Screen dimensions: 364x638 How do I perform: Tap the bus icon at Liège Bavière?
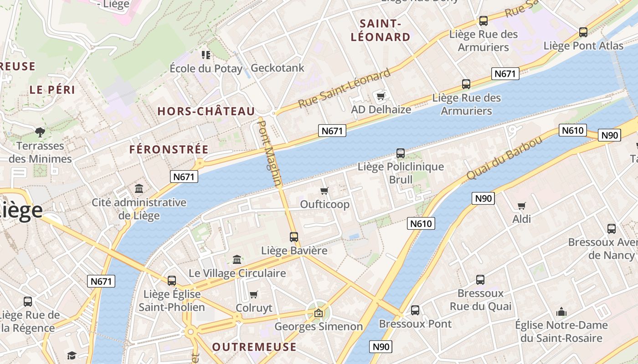(294, 237)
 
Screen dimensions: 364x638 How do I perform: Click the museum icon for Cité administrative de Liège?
(139, 188)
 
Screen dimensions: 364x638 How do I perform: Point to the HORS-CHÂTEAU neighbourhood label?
(206, 111)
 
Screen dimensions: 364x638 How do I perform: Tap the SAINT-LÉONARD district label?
(380, 30)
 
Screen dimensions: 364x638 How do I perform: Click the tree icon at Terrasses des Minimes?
(40, 132)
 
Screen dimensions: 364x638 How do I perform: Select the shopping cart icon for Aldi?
(522, 206)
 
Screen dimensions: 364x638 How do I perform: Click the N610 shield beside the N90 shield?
(572, 131)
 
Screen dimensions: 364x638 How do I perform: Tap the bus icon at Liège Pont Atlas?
(583, 32)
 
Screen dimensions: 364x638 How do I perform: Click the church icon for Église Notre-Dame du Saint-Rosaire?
(561, 312)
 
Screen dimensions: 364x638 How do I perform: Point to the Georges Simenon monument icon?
(319, 313)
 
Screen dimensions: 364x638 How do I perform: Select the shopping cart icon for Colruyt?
(254, 294)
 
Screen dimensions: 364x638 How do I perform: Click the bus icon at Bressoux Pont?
(415, 310)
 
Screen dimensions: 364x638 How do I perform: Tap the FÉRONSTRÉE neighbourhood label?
(169, 149)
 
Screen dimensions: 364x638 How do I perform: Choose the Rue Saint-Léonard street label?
(345, 88)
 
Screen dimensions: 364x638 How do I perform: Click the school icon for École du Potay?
(206, 55)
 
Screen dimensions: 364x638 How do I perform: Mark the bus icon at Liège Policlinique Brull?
(401, 153)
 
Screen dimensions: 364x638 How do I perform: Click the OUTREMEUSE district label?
(254, 347)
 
